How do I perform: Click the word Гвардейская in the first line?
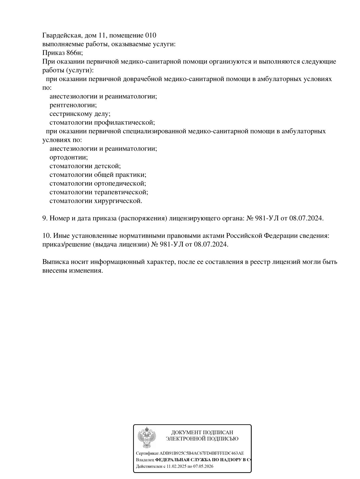click(x=61, y=35)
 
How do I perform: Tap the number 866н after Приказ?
click(x=74, y=53)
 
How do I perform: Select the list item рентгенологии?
click(x=73, y=105)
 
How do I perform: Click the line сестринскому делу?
click(x=80, y=114)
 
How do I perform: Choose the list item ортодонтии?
click(x=68, y=158)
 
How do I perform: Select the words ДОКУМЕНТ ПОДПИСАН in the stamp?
click(x=202, y=433)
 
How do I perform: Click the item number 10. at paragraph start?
click(x=47, y=236)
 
